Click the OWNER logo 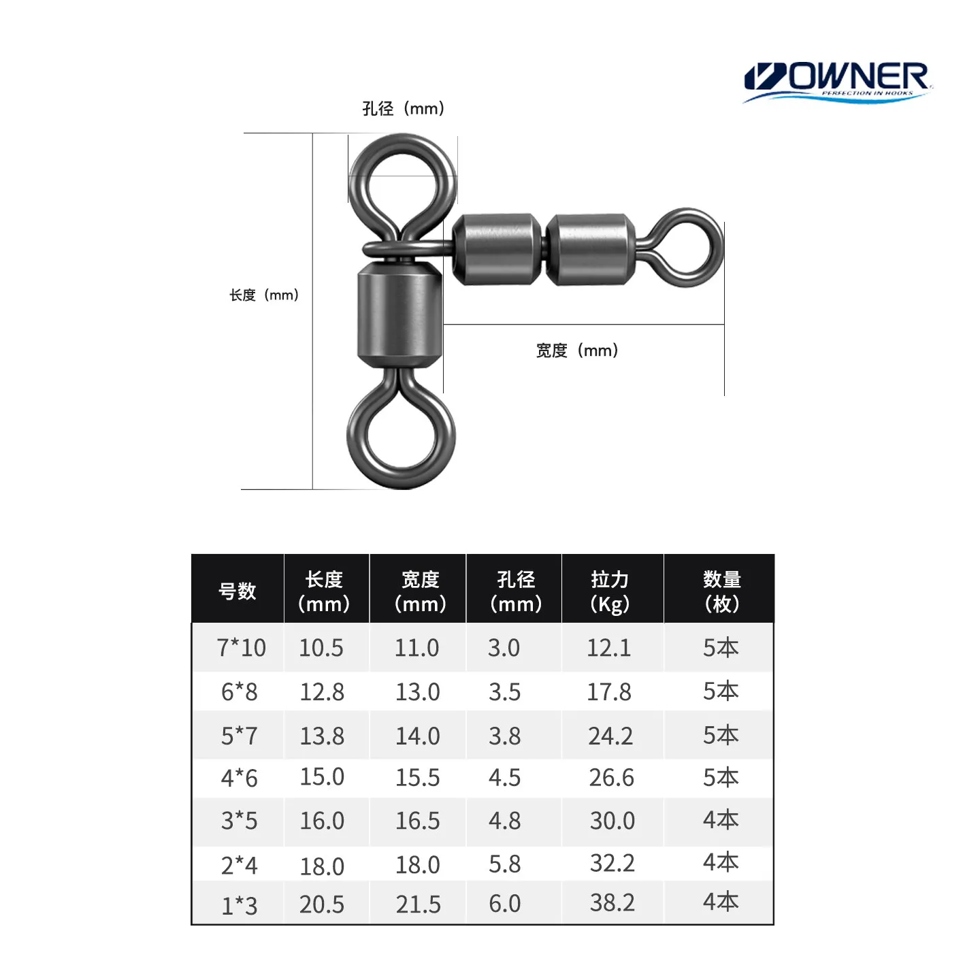(837, 82)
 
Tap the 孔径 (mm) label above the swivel (403, 108)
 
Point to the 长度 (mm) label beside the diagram (263, 295)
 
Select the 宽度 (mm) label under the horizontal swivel (576, 350)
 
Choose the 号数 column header (237, 591)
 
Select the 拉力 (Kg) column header (610, 591)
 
